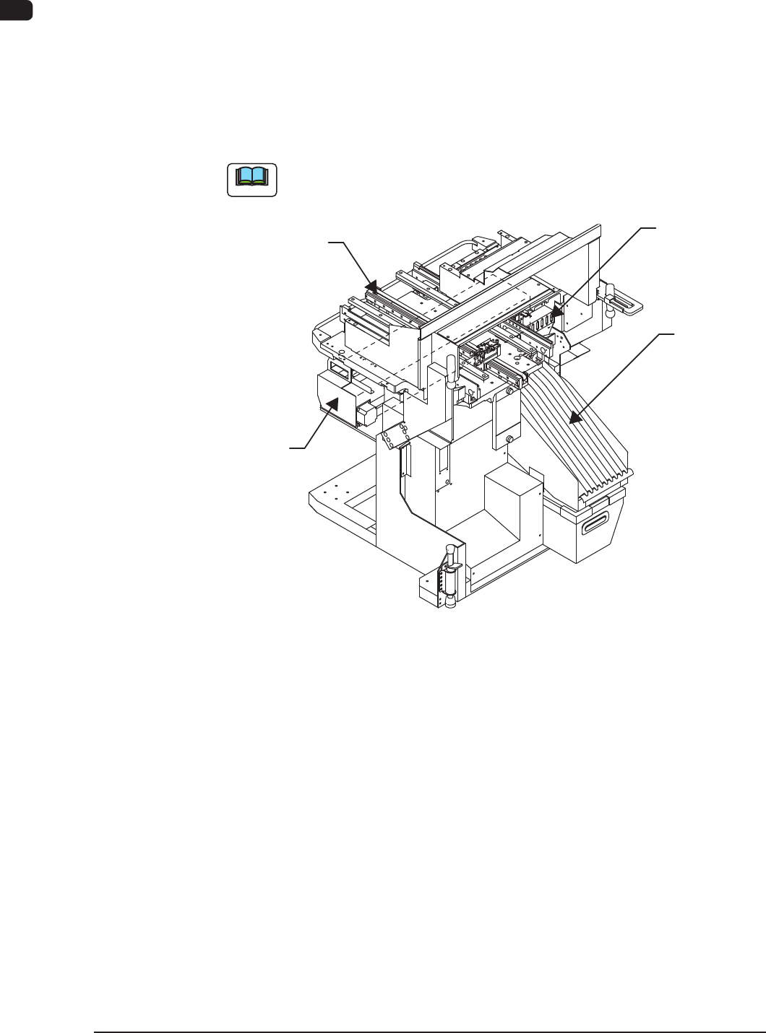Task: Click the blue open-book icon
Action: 252,179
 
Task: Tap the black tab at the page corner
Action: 16,9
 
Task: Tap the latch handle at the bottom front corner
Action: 449,575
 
